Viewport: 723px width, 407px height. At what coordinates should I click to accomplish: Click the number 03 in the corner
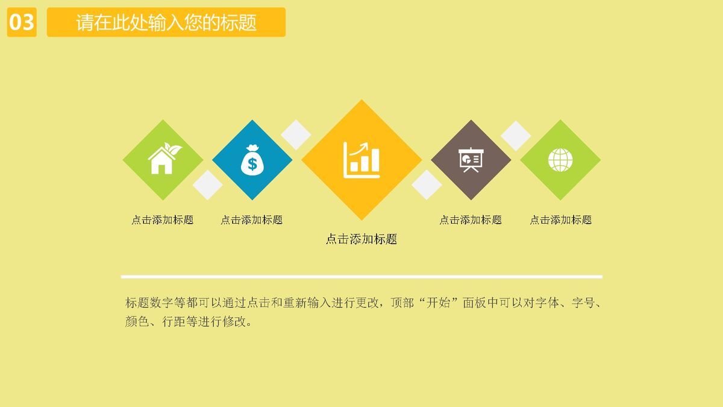tap(22, 22)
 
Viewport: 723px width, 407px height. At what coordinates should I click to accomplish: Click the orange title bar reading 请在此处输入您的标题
tap(166, 22)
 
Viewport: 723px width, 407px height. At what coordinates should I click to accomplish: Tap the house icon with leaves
tap(163, 159)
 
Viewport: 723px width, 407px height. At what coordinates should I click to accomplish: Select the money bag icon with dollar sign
tap(252, 160)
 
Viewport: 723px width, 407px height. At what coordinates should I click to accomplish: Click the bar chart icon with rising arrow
tap(361, 160)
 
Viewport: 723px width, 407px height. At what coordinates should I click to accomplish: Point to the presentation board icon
tap(471, 160)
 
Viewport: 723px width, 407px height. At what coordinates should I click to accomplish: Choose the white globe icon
tap(560, 160)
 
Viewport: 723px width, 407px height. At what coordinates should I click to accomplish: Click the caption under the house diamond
tap(163, 220)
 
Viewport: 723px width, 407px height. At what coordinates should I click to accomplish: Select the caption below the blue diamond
tap(252, 220)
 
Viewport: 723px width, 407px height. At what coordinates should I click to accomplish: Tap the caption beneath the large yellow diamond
tap(361, 239)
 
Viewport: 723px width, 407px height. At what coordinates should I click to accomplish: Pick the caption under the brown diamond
tap(471, 220)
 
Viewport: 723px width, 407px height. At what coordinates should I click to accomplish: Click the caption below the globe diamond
tap(561, 220)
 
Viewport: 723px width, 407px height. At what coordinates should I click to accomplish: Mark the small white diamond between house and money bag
tap(207, 185)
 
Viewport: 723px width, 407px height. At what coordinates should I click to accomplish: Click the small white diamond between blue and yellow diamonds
tap(296, 134)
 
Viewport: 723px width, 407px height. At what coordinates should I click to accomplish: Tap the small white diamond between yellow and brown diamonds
tap(427, 185)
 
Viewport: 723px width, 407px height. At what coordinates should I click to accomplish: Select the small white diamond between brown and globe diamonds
tap(516, 135)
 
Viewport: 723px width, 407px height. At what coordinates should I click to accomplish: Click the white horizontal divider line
tap(361, 277)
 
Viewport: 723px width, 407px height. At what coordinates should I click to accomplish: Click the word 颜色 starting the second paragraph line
tap(136, 321)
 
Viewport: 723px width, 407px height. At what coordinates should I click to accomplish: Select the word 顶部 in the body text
tap(401, 303)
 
